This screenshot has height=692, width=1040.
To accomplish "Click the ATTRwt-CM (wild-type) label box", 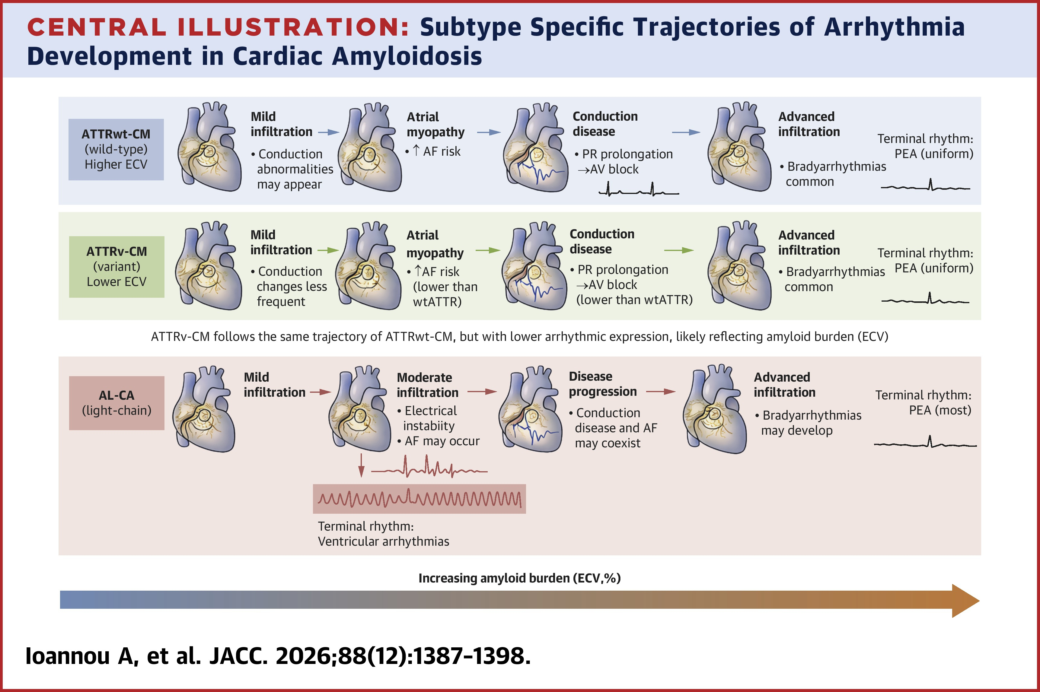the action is [x=116, y=149].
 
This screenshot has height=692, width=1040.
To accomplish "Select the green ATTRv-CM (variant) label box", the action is [x=116, y=267].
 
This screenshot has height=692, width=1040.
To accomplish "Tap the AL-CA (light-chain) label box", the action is [x=116, y=403].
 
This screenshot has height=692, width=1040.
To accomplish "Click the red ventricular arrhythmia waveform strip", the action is [x=420, y=499].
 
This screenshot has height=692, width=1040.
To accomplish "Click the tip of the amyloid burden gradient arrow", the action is [x=980, y=601].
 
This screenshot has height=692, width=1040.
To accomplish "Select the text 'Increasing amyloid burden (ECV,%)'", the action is [x=520, y=578].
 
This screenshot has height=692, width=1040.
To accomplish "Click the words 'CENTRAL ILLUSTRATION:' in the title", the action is [x=219, y=27].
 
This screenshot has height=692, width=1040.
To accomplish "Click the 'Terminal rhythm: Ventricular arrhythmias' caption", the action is [x=383, y=534].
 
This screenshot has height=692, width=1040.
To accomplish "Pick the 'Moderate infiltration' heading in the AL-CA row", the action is [x=427, y=385].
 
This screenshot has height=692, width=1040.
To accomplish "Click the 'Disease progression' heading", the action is [x=603, y=384].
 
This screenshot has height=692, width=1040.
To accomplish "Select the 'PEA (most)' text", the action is [x=940, y=410].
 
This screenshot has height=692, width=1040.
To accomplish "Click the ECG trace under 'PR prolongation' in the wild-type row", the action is [x=638, y=190].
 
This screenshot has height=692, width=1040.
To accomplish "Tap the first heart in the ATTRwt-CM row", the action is [x=209, y=147].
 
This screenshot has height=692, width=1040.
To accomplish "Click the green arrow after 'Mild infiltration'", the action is [x=328, y=250].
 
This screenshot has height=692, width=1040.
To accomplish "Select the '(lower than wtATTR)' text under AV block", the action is [x=634, y=300].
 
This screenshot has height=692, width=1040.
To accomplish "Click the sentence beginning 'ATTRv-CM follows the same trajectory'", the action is [x=520, y=337].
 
